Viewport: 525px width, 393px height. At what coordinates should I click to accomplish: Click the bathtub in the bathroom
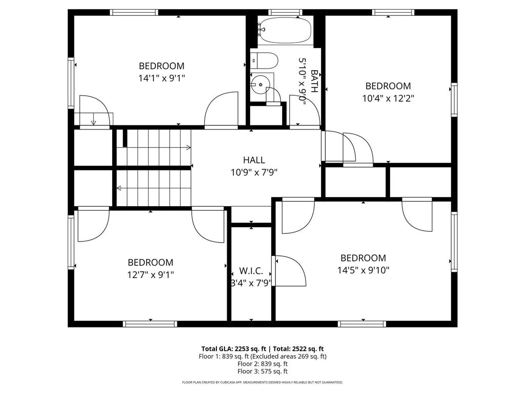coord(285,30)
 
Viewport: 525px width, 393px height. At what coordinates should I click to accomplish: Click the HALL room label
coord(254,160)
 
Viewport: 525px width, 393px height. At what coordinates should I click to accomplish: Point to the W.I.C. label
coord(251,270)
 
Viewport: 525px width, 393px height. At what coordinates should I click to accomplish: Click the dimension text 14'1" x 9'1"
coord(161,78)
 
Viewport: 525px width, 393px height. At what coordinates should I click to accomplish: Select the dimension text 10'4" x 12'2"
coord(388,98)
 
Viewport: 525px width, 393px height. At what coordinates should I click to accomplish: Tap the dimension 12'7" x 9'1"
coord(150,274)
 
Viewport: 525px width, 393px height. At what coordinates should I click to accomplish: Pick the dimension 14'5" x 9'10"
coord(364,270)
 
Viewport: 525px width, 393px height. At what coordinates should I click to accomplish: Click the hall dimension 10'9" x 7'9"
coord(254,172)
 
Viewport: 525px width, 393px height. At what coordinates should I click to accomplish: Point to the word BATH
coord(314,81)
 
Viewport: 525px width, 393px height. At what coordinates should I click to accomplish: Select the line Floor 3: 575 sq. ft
coord(262,372)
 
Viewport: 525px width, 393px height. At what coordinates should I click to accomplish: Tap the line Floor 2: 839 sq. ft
coord(262,364)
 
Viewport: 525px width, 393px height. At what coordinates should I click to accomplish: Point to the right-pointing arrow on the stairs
coord(188,148)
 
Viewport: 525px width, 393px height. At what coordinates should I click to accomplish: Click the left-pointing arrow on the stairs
coord(119,188)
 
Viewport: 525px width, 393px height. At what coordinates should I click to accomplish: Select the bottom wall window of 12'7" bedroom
coord(150,324)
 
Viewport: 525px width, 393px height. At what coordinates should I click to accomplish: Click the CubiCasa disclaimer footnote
coord(262,382)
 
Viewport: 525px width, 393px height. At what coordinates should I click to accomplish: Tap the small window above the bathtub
coord(286,12)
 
